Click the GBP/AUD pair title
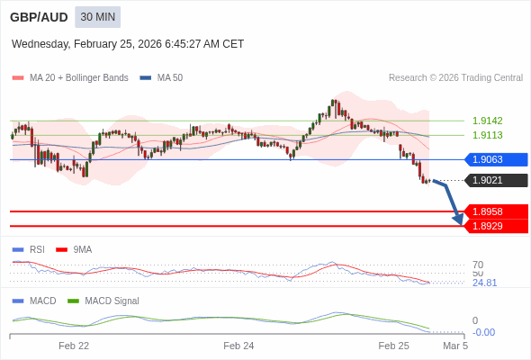pos(39,17)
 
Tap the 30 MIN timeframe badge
pos(97,17)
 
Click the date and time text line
pos(128,44)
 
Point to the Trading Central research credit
pos(455,77)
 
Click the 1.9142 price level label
pos(488,121)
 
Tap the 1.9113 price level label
pos(488,135)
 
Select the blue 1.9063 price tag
pos(495,159)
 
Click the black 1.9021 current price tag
pos(495,180)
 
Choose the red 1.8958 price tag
pos(495,211)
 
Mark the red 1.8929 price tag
pos(495,225)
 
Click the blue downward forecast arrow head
pos(458,219)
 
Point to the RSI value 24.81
pos(484,283)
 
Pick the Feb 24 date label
pos(238,345)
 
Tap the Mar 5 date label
pos(455,345)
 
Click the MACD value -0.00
pos(483,332)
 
